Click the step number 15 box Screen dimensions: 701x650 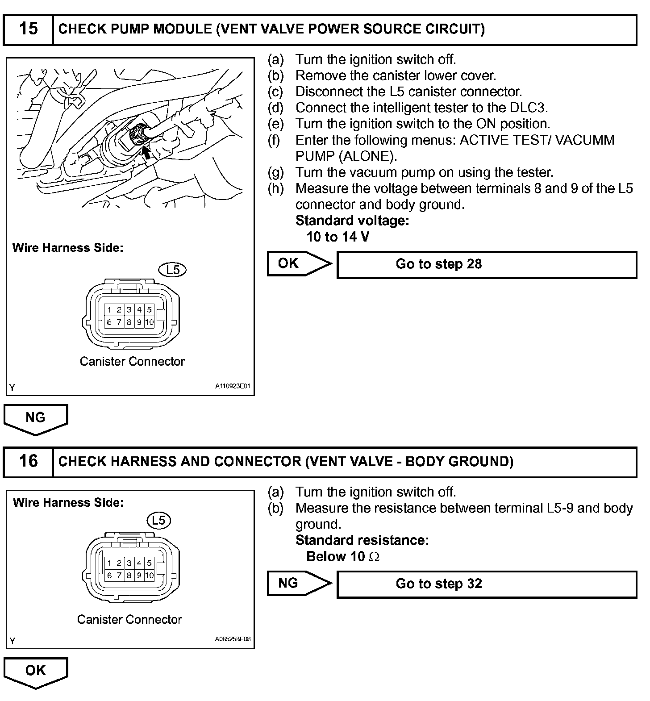28,29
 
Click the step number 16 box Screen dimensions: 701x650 28,462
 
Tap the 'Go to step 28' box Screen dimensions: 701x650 486,264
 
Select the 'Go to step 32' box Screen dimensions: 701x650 486,584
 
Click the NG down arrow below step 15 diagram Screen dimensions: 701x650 36,418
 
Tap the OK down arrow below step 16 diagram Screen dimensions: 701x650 36,672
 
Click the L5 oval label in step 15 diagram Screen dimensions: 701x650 173,270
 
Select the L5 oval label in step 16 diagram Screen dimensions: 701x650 158,520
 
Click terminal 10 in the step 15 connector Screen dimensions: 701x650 149,322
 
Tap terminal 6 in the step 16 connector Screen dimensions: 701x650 109,576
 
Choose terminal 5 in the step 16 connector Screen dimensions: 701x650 149,563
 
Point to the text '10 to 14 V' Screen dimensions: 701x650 338,237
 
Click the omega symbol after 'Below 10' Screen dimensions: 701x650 375,557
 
